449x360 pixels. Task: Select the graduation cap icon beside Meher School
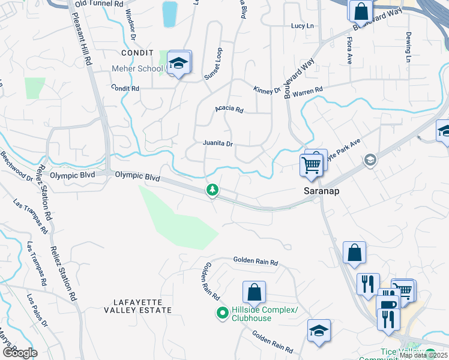(x=178, y=63)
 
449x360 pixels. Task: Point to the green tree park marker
(x=212, y=190)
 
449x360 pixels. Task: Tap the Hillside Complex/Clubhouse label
(x=264, y=314)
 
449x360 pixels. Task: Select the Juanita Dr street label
(x=217, y=144)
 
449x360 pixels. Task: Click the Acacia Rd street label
(x=229, y=110)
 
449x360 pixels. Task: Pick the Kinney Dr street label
(x=267, y=91)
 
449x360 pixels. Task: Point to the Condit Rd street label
(x=125, y=88)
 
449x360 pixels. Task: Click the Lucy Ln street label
(x=302, y=26)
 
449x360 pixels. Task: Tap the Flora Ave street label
(x=349, y=50)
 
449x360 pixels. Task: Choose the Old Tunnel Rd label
(x=97, y=4)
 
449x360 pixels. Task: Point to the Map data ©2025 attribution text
(x=424, y=355)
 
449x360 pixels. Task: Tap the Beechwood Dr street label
(x=16, y=166)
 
